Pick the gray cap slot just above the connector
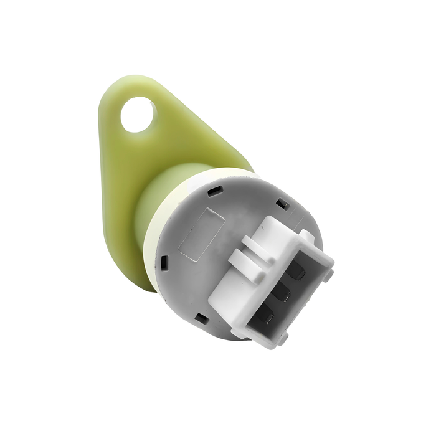(282, 202)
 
